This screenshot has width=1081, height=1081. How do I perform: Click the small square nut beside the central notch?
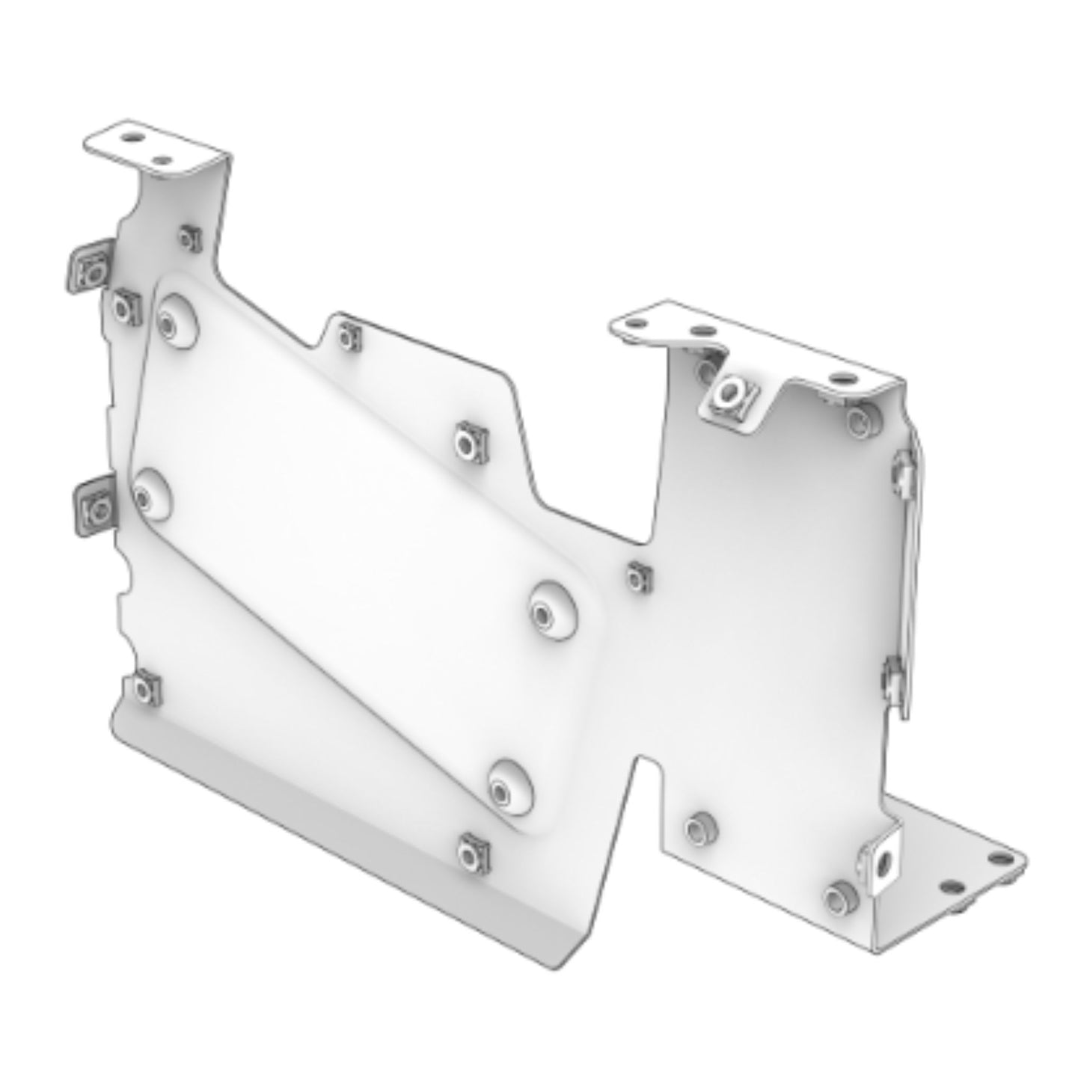[x=637, y=577]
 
